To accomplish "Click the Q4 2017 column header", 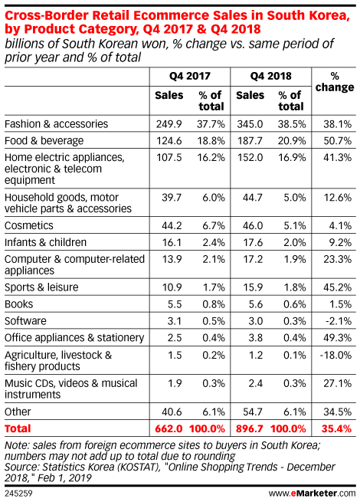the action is click(190, 76).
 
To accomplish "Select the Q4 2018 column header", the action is click(270, 76).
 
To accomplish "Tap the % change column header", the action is click(335, 82).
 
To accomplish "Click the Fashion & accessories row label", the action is click(57, 124).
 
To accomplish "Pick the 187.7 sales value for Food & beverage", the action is click(250, 140).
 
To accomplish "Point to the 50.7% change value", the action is click(337, 140).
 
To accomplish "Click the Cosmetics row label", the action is click(29, 225).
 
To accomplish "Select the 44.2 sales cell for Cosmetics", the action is click(172, 225).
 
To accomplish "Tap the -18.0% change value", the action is click(335, 355).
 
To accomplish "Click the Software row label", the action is click(25, 321).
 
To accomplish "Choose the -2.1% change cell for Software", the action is click(339, 321).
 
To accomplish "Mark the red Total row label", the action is click(18, 428).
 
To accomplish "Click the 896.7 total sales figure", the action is click(249, 428).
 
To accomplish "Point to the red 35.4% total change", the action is click(336, 428).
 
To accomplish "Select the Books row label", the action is click(18, 303).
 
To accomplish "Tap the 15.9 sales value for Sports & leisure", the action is click(253, 287).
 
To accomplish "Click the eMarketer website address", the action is click(312, 493).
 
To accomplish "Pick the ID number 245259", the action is click(18, 493).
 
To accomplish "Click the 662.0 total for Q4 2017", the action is click(169, 428).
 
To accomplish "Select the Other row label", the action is click(18, 412).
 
